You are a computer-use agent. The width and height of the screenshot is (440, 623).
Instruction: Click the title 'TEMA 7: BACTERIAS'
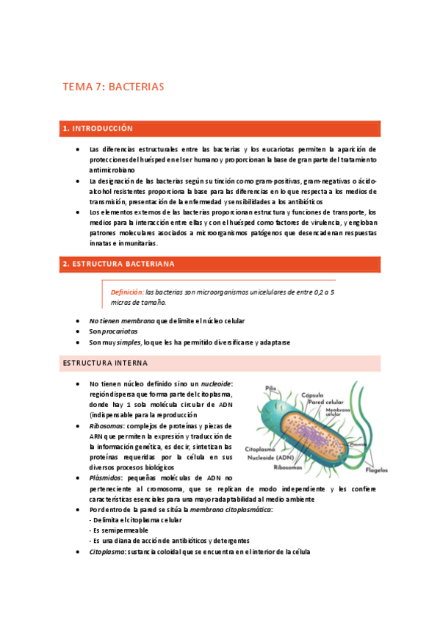[x=113, y=87]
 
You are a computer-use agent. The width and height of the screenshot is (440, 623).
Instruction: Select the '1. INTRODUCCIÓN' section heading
[x=98, y=129]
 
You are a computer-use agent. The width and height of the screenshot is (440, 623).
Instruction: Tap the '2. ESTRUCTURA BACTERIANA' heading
[x=118, y=263]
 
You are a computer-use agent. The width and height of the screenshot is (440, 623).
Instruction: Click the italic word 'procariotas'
[x=118, y=331]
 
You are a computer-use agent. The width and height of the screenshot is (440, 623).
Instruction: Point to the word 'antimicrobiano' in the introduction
[x=107, y=169]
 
